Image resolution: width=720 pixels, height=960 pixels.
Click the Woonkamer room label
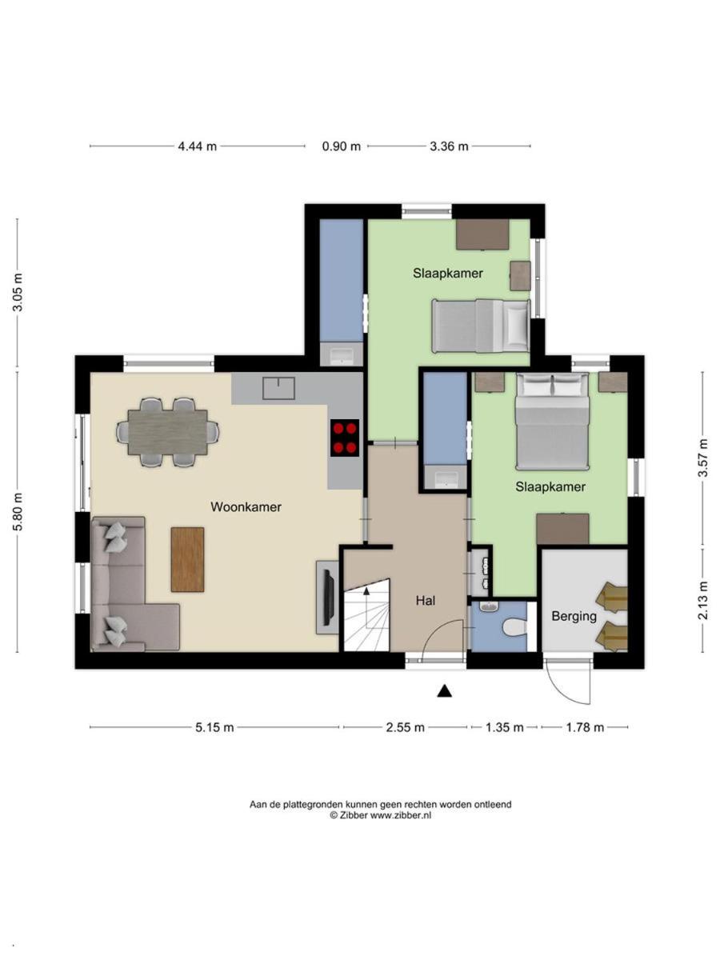(x=246, y=507)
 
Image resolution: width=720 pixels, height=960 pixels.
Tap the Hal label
(x=426, y=601)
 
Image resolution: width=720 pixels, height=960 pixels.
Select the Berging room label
(x=574, y=617)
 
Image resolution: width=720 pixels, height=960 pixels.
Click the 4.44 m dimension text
(x=197, y=146)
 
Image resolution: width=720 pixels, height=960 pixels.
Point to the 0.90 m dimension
(x=342, y=146)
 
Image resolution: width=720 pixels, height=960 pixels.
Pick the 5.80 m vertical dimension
(x=18, y=512)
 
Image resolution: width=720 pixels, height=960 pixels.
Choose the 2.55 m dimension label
(x=405, y=727)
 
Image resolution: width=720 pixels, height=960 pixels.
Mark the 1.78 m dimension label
(x=585, y=727)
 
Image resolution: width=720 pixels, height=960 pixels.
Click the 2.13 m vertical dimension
(x=703, y=600)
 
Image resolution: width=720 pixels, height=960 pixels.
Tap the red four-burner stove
(x=345, y=438)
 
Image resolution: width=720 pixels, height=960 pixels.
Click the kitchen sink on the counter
(x=278, y=388)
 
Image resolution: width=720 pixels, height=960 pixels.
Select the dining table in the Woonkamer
(x=168, y=432)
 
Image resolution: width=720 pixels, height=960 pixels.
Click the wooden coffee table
(x=187, y=559)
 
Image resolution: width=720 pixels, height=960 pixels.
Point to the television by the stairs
(x=329, y=597)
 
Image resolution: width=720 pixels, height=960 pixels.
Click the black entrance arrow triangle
(x=445, y=690)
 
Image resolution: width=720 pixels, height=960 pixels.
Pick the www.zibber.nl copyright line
(x=380, y=815)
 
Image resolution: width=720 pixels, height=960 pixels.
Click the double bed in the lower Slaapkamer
(x=552, y=421)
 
